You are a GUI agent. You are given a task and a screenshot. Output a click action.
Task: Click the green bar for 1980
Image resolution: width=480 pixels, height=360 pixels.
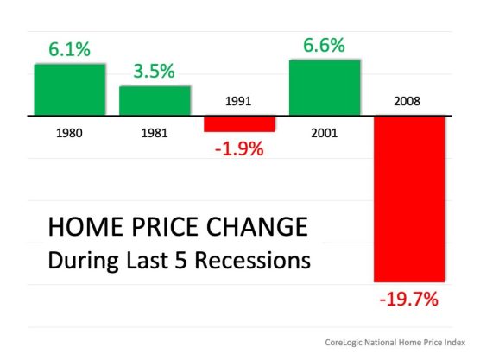click(x=70, y=90)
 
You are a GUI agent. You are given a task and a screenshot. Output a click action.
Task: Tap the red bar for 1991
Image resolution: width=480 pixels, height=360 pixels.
click(x=239, y=123)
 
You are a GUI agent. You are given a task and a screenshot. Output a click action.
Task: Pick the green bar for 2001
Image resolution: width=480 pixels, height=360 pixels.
click(x=324, y=87)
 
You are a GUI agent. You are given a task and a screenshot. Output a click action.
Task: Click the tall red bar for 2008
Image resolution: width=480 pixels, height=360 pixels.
click(x=408, y=199)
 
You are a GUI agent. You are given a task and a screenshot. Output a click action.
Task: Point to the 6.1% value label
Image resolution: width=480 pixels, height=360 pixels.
click(x=70, y=50)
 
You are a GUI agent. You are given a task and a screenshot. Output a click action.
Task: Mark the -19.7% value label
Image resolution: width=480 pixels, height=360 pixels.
click(x=408, y=300)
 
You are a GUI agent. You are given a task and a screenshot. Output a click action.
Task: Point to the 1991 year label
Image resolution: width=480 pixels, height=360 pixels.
click(x=239, y=101)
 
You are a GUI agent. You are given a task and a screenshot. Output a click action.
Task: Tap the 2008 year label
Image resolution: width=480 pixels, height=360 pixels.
click(x=408, y=101)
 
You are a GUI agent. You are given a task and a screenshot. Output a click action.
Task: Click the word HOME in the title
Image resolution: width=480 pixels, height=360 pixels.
click(x=80, y=227)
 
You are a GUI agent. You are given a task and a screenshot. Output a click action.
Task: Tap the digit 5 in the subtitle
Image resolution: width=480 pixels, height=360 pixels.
click(x=187, y=258)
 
